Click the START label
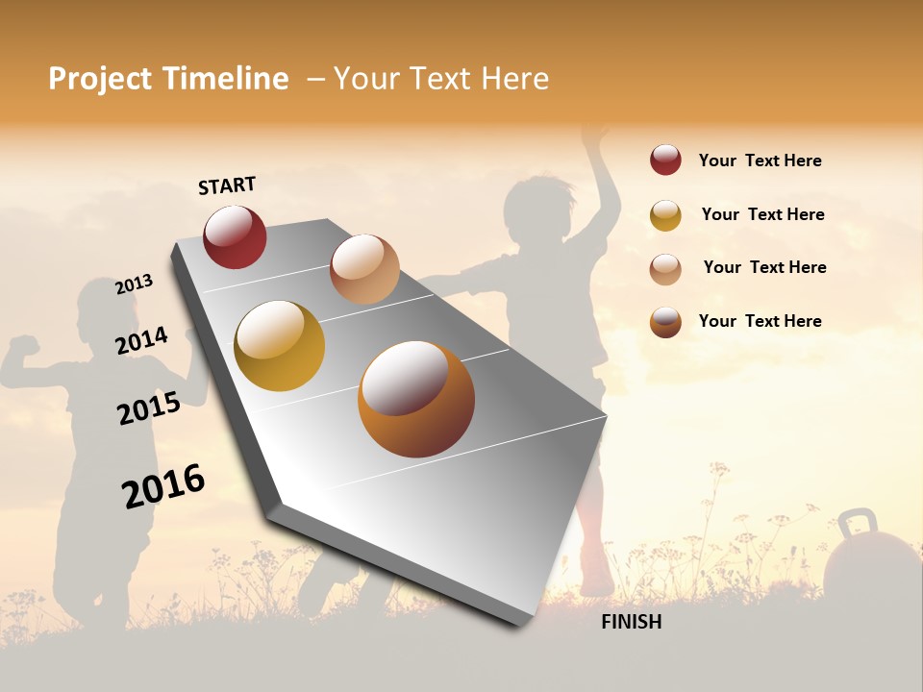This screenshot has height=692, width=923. click(x=227, y=185)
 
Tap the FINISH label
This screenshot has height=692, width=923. click(x=632, y=622)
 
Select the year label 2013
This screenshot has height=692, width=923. click(x=135, y=284)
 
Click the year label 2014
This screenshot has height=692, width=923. click(x=142, y=340)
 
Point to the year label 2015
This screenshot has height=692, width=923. click(x=149, y=408)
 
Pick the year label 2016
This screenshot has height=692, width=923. click(x=163, y=485)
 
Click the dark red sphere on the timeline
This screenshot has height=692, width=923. click(x=235, y=236)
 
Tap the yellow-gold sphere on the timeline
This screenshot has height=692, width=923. click(x=279, y=346)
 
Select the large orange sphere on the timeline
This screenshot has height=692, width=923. click(x=416, y=399)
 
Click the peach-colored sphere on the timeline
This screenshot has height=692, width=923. click(x=364, y=269)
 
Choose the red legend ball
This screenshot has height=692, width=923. click(x=665, y=161)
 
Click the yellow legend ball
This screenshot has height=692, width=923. click(x=665, y=215)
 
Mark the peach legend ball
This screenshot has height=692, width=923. click(x=665, y=268)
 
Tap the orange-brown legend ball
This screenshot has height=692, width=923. click(x=665, y=322)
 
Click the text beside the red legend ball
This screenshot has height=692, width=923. click(x=760, y=161)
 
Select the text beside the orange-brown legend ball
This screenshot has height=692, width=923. click(x=760, y=321)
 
